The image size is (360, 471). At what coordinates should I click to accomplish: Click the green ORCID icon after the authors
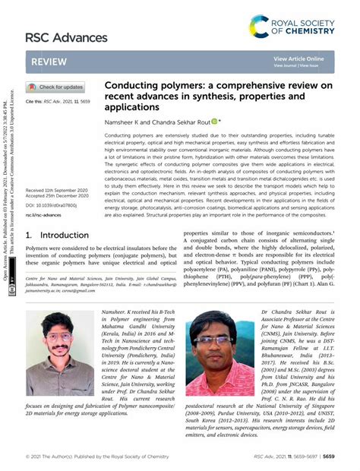pos(214,121)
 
